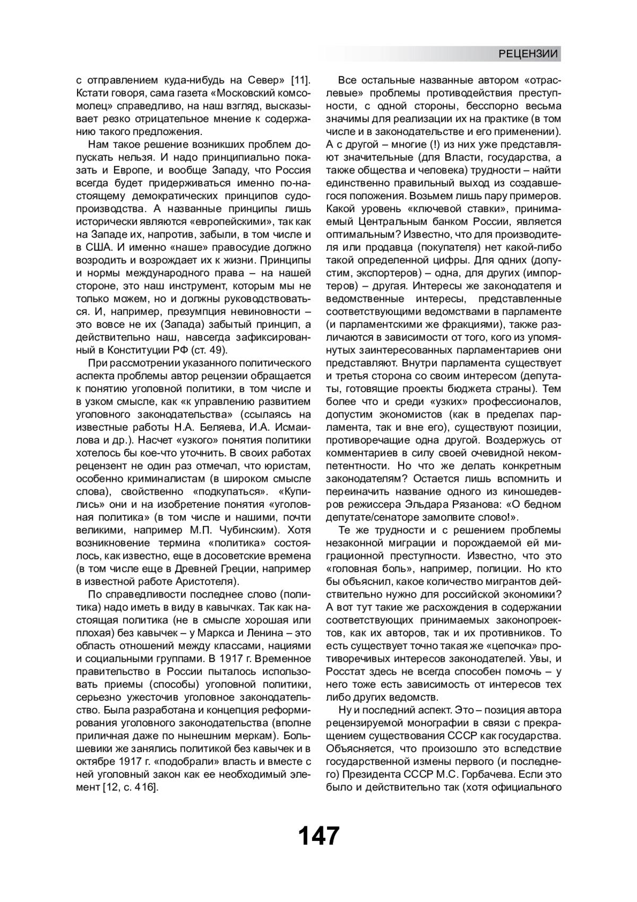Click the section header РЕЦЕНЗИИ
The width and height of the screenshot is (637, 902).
pyautogui.click(x=528, y=54)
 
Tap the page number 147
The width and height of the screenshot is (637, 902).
pyautogui.click(x=318, y=836)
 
